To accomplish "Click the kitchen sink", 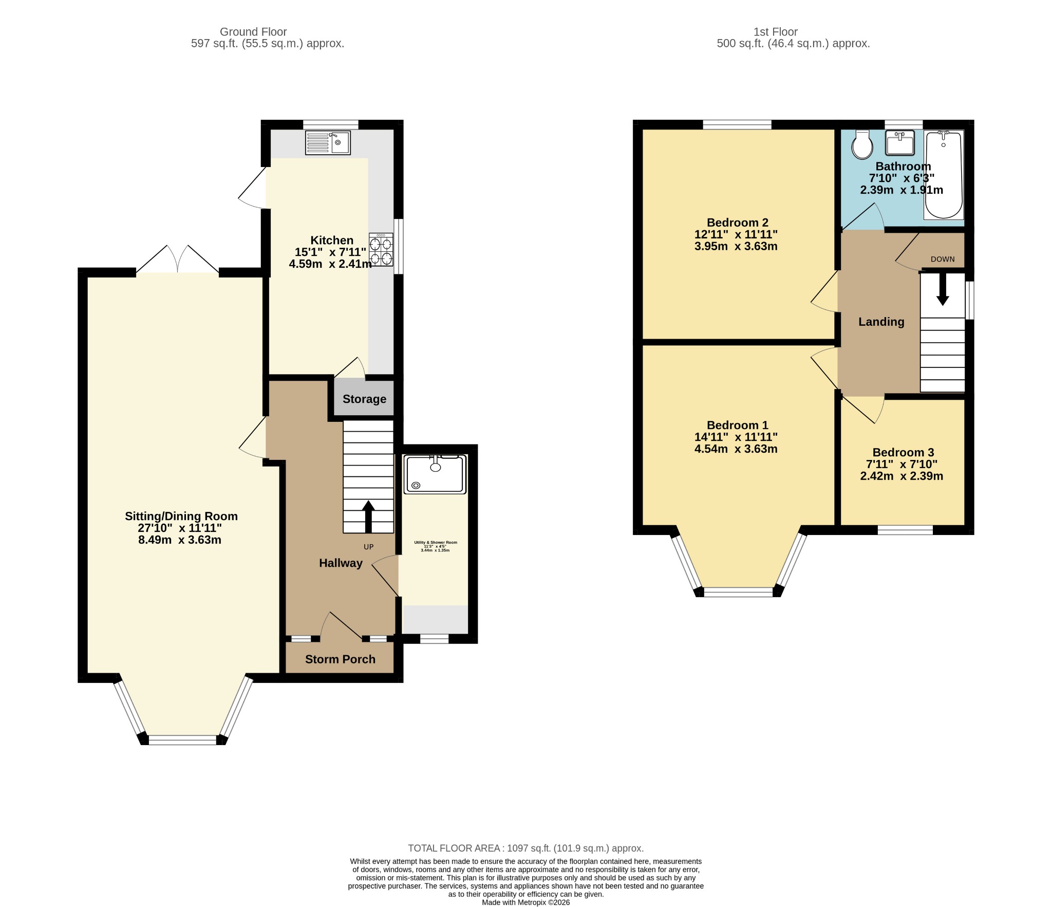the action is tap(328, 142).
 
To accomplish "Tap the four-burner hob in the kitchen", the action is tap(381, 249).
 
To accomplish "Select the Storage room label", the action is tap(364, 399).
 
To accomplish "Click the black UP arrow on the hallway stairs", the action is tap(368, 516).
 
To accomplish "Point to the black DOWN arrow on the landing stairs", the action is tap(943, 289).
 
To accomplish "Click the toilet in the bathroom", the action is tap(862, 144).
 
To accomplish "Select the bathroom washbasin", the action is tap(900, 142).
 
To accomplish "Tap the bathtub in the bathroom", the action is tap(944, 175).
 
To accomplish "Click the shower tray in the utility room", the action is tap(435, 474).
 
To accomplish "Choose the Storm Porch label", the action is tap(340, 659).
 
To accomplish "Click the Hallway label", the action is tap(341, 563).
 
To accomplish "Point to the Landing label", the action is tap(881, 322).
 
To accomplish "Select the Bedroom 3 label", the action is tap(903, 452).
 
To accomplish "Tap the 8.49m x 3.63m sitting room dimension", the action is tap(180, 540).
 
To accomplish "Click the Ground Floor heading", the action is tap(253, 32).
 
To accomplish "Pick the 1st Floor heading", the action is tap(776, 32).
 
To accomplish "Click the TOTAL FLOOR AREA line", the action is tap(526, 848).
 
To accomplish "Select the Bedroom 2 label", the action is tap(738, 223).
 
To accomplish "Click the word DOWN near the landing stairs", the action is tap(943, 259).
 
